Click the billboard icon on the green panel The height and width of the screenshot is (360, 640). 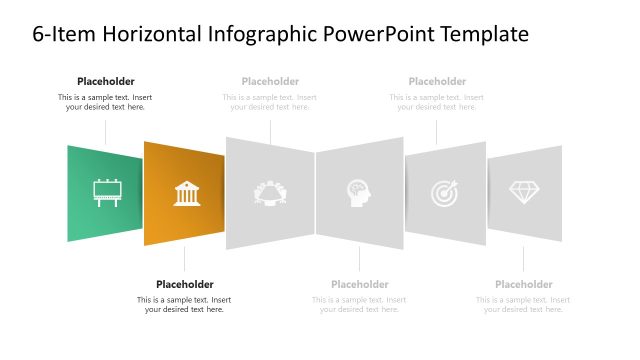[x=105, y=192]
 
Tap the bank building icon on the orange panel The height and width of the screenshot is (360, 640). [x=187, y=193]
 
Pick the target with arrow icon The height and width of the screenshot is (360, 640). [x=444, y=192]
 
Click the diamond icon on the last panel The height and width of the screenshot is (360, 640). [x=524, y=192]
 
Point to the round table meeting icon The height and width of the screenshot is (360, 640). [x=270, y=192]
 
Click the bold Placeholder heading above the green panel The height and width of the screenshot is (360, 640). [x=105, y=81]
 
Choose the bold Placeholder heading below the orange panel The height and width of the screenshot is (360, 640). [x=185, y=284]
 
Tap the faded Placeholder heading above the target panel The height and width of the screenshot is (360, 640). [x=437, y=81]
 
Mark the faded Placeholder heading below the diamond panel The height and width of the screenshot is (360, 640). [x=524, y=284]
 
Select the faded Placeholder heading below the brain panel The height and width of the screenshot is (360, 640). [x=359, y=284]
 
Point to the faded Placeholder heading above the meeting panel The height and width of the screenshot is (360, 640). [x=270, y=81]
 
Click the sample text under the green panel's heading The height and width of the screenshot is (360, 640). [x=105, y=102]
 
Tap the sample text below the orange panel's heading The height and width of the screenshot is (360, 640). [x=185, y=304]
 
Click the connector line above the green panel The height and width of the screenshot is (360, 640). [x=105, y=131]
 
